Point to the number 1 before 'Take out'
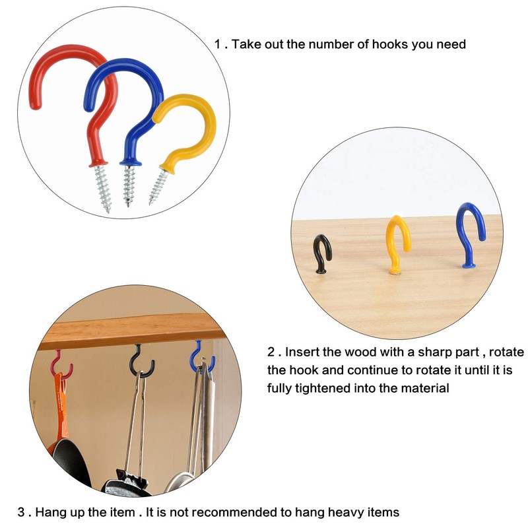pyautogui.click(x=218, y=44)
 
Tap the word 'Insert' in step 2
pyautogui.click(x=303, y=352)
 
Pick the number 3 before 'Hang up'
pyautogui.click(x=21, y=511)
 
